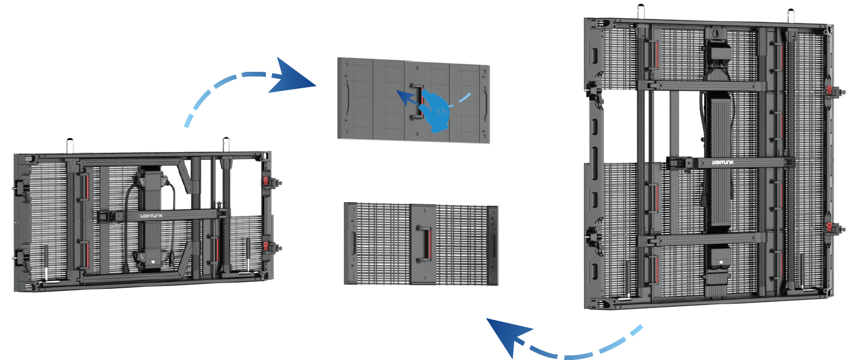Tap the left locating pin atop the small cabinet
point(69,145)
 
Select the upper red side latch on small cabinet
point(265,181)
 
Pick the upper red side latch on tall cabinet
point(830,91)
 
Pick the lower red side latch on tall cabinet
point(830,228)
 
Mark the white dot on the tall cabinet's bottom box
point(721,263)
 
